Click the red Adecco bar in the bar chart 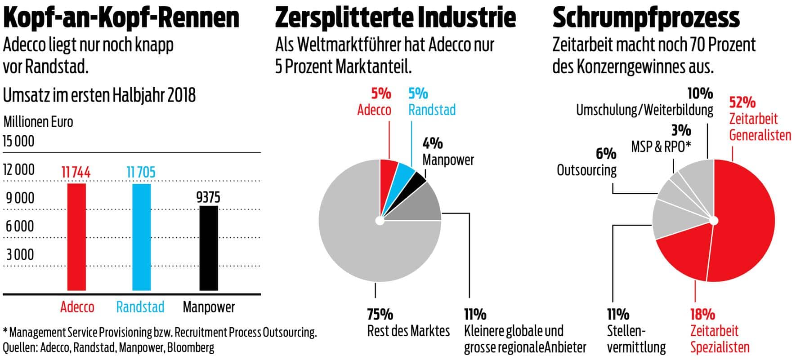click(x=76, y=237)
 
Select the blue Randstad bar click(x=141, y=237)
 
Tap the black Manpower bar click(x=209, y=248)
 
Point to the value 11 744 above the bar click(x=76, y=172)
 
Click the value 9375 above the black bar click(x=208, y=197)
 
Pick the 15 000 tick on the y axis click(x=18, y=142)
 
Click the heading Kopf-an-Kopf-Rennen click(x=121, y=18)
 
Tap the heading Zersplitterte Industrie click(x=395, y=18)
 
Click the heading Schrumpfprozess click(x=646, y=18)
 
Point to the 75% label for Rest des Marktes click(x=380, y=314)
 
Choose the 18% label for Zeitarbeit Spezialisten click(x=702, y=314)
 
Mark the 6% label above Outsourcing click(x=606, y=154)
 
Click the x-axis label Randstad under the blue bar click(x=140, y=307)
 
